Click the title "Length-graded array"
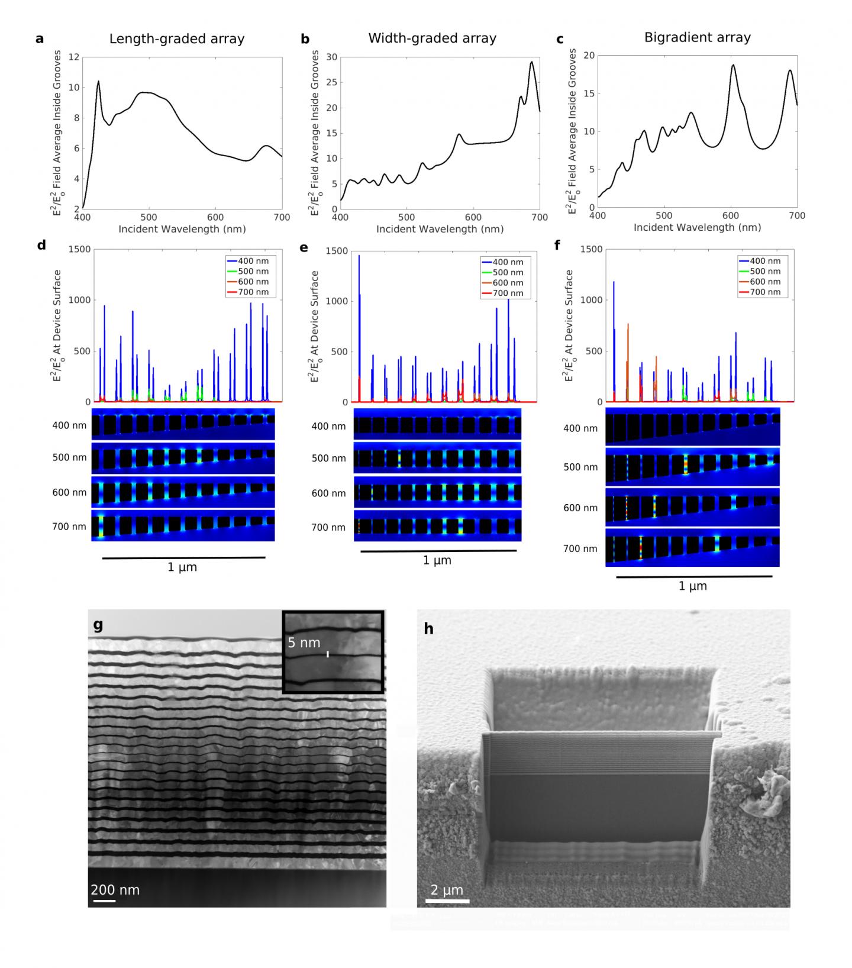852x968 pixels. (176, 39)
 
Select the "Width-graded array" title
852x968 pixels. (432, 38)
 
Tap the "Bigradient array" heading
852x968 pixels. (697, 37)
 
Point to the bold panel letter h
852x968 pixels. (428, 628)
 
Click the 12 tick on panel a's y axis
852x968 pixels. (73, 57)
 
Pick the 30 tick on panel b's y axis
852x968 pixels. (331, 57)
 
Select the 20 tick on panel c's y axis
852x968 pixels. (589, 56)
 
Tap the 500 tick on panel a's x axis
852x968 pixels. (149, 217)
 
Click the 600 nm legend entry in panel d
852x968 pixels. (252, 282)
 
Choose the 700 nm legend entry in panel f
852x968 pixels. (764, 292)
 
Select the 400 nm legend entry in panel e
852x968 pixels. (506, 262)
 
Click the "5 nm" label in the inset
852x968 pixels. (304, 643)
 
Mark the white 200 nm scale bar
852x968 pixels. (104, 901)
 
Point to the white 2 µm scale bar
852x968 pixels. (447, 901)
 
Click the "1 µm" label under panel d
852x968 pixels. (182, 567)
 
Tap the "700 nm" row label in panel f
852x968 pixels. (580, 548)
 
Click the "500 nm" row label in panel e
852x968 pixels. (328, 458)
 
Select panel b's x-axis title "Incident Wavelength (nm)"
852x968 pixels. (440, 229)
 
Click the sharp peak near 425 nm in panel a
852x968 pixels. (98, 82)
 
